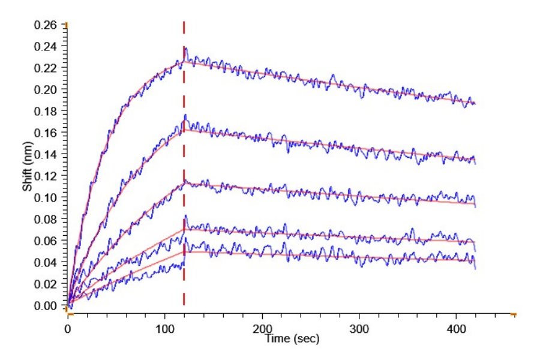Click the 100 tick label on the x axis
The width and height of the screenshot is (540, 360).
click(x=165, y=329)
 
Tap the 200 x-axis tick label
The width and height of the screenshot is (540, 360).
click(x=262, y=329)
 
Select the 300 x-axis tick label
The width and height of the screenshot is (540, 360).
click(x=359, y=329)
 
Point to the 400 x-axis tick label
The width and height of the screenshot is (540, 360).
click(x=456, y=329)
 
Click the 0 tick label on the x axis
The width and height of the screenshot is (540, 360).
click(x=68, y=329)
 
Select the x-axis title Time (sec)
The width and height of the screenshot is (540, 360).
click(x=293, y=339)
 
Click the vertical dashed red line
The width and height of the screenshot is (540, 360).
click(x=184, y=180)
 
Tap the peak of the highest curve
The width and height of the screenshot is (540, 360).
click(x=185, y=49)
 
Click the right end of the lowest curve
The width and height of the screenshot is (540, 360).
click(x=475, y=268)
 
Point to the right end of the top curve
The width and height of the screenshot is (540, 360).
click(x=475, y=104)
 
